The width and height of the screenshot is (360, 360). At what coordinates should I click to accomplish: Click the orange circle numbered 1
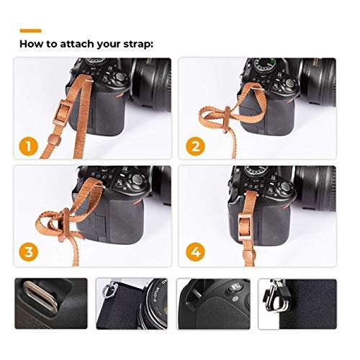30,148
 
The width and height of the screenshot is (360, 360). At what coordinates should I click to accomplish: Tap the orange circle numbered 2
193,148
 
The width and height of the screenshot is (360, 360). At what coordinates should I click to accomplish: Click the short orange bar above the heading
30,31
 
